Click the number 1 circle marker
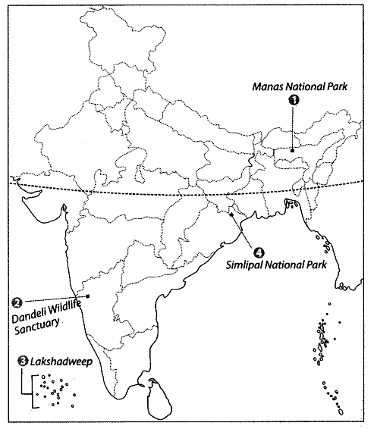click(294, 99)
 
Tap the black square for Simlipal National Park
click(231, 215)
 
